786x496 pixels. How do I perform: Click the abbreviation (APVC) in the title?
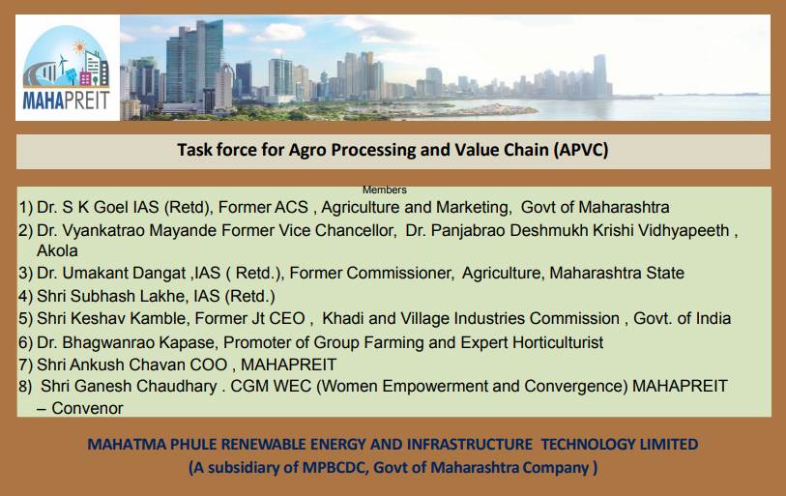pyautogui.click(x=580, y=151)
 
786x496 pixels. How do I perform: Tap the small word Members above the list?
pyautogui.click(x=384, y=190)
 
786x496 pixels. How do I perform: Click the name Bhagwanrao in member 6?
pyautogui.click(x=112, y=342)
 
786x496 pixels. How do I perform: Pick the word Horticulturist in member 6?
pyautogui.click(x=554, y=342)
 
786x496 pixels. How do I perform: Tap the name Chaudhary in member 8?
pyautogui.click(x=165, y=386)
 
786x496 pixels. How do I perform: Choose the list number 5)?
pyautogui.click(x=26, y=318)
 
